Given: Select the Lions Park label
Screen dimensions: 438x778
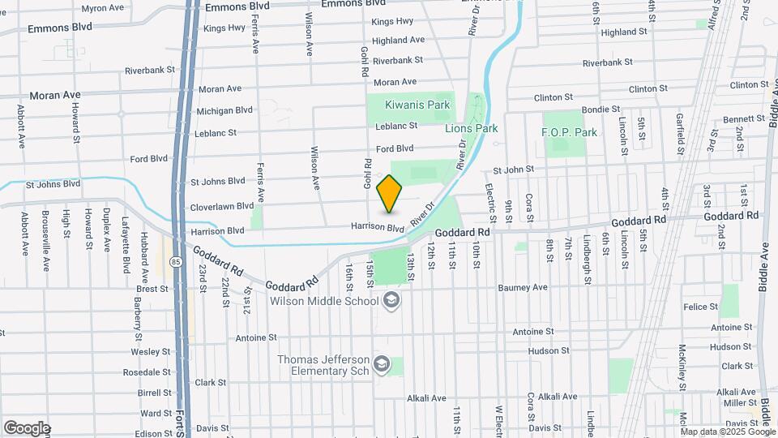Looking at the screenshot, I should [471, 128].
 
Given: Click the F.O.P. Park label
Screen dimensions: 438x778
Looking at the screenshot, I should [569, 132].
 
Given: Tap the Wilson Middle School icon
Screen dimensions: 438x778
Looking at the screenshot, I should [392, 302].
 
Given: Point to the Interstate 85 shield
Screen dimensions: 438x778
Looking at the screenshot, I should [176, 262].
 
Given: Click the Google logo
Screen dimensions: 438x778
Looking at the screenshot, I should [27, 427].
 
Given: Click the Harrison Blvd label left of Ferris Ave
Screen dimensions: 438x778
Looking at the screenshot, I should [216, 231].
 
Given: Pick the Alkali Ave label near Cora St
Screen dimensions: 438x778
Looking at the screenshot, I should [559, 397].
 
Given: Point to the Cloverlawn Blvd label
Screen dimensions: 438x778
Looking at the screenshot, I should [217, 207].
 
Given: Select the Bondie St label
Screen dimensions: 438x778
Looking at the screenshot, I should [601, 109].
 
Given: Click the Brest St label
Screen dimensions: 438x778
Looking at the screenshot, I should [152, 289].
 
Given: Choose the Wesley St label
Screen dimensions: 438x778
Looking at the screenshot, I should [150, 352].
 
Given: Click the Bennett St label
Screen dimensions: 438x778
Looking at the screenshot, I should [738, 119].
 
